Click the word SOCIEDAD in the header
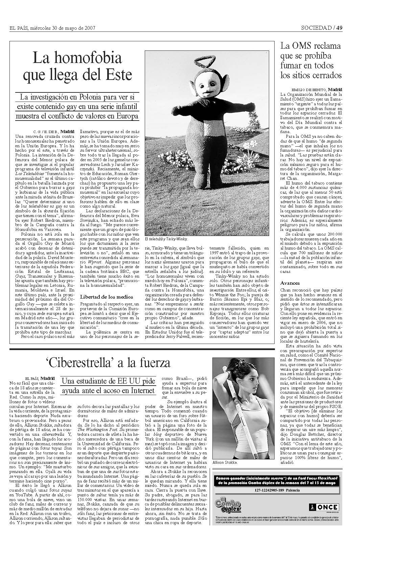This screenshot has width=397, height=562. point(316,28)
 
